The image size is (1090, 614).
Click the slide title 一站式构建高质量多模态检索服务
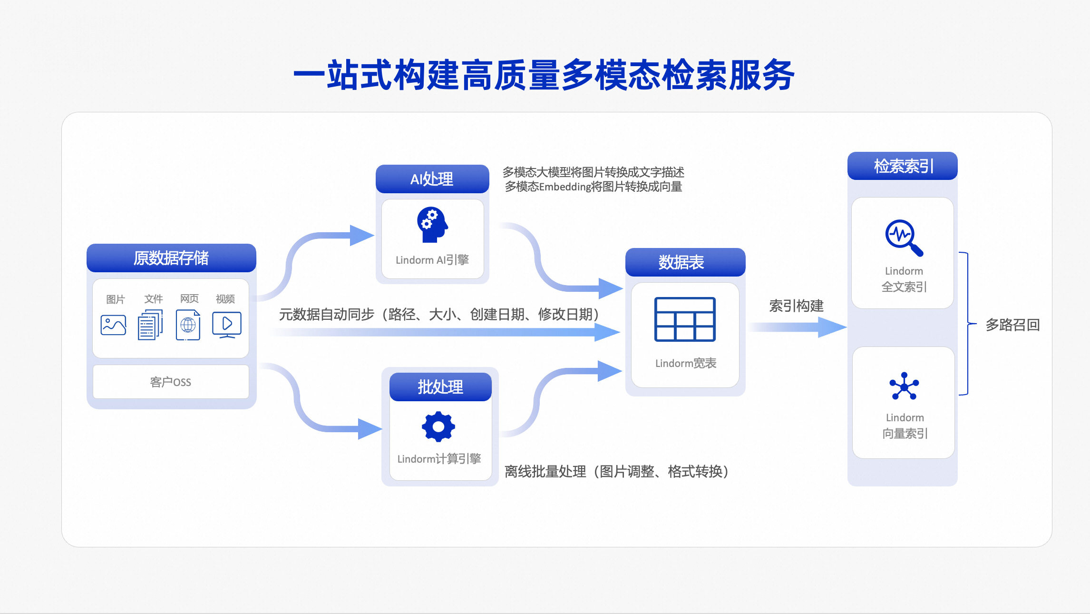tap(544, 75)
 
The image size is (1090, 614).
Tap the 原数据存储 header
tap(171, 258)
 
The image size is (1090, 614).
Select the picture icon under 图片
tap(114, 325)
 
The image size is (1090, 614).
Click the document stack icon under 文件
tap(150, 325)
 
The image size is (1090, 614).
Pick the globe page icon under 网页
tap(188, 325)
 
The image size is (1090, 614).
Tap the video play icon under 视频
tap(227, 325)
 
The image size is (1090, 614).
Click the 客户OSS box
tap(171, 382)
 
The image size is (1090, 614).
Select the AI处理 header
tap(432, 179)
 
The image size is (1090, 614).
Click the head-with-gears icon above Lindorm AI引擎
tap(432, 225)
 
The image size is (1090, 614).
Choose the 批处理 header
tap(440, 387)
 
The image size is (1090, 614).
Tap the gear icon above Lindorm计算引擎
tap(438, 426)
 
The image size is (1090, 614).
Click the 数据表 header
tap(685, 262)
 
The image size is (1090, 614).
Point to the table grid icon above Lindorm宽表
tap(685, 319)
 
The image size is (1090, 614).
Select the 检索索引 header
tap(902, 166)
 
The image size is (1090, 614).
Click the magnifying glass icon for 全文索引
tap(904, 238)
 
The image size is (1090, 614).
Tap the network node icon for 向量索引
tap(904, 386)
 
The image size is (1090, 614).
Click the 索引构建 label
tap(796, 306)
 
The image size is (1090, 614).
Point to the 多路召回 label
tap(1012, 325)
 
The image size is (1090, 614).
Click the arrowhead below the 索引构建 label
tap(832, 327)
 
